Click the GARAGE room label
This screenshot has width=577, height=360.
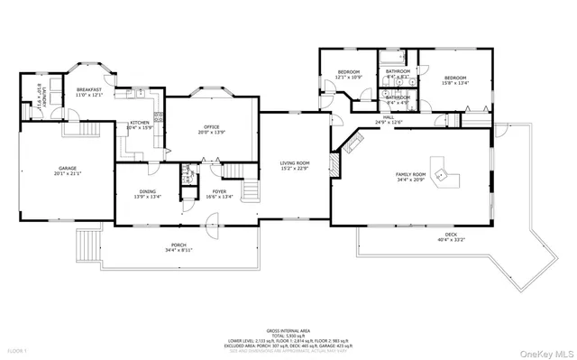click(x=67, y=169)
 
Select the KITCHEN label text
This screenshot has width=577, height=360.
click(x=139, y=124)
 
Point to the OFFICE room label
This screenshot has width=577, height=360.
click(x=212, y=128)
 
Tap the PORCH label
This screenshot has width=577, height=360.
click(x=179, y=246)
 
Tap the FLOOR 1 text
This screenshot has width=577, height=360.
click(x=17, y=349)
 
